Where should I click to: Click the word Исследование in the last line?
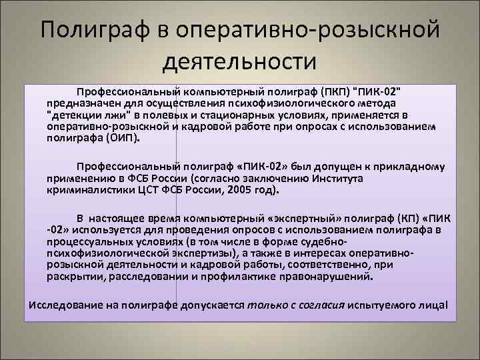65,305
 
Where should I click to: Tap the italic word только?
266,305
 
